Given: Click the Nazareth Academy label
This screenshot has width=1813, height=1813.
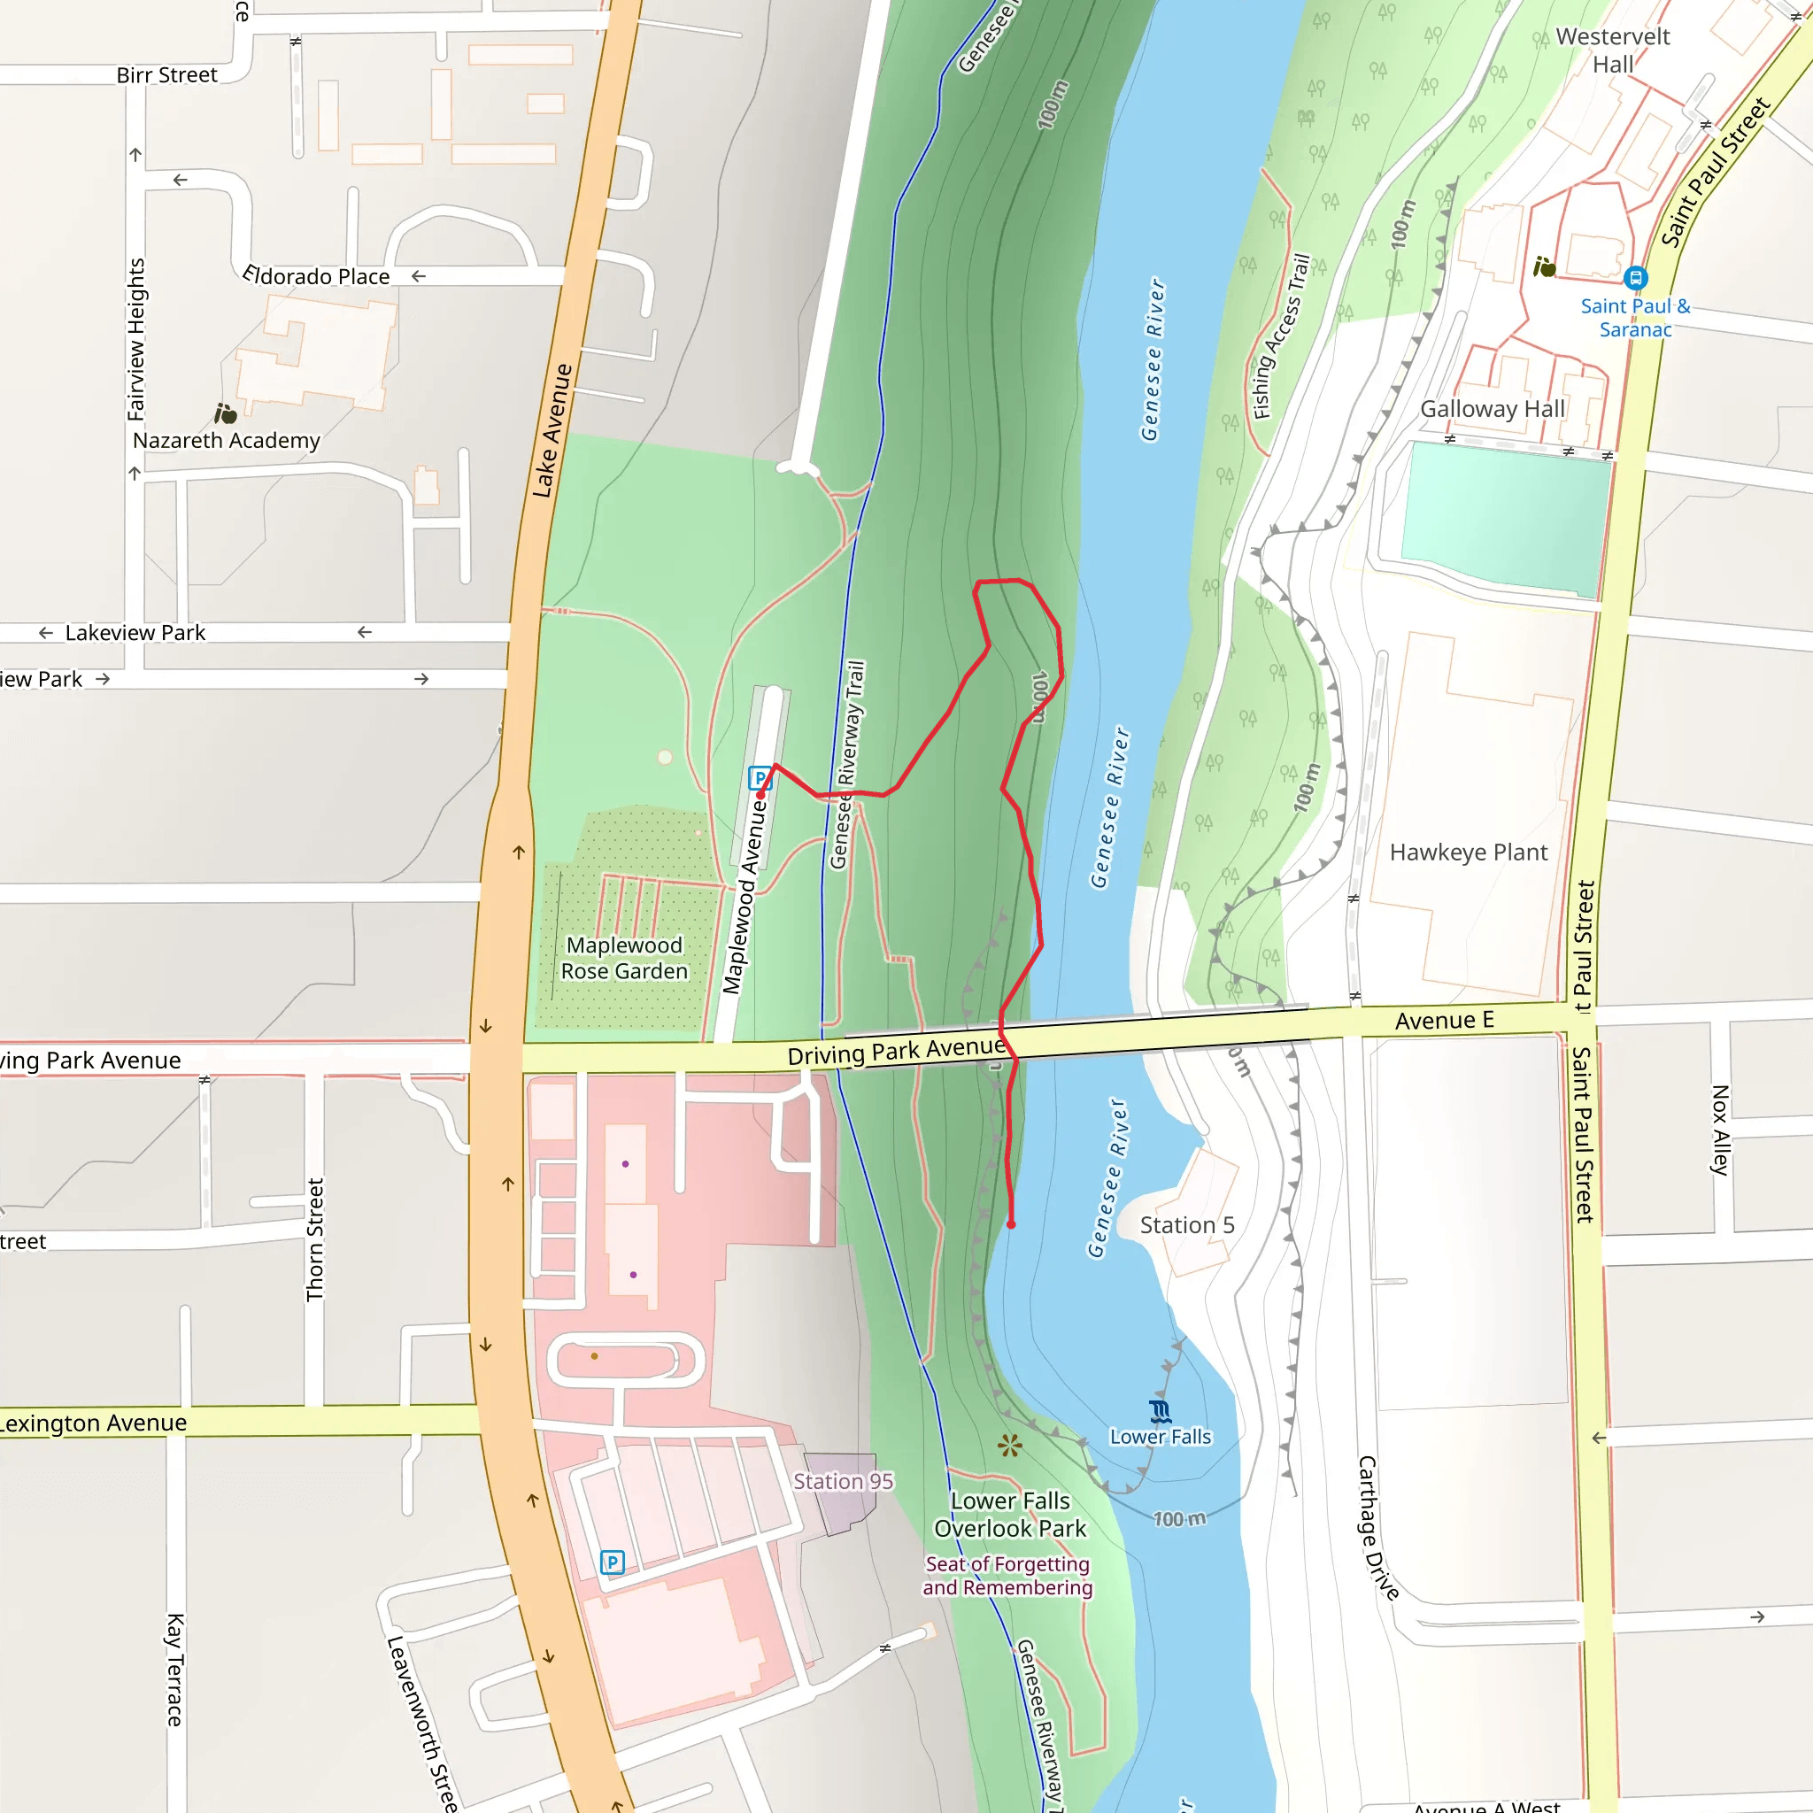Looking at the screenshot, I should click(226, 440).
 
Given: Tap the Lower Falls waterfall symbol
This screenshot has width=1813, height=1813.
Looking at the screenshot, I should click(1160, 1411).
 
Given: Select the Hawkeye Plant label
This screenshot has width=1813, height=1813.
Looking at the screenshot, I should click(1468, 852).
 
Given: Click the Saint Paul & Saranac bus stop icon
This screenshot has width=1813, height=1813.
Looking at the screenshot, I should click(1636, 278).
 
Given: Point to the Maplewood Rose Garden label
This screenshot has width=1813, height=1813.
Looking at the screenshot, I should click(624, 958).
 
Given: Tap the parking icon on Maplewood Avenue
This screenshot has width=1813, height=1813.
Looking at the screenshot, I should click(759, 777).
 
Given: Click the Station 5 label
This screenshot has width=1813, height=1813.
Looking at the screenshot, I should click(1186, 1224).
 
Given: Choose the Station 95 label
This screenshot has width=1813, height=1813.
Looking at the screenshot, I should click(843, 1481).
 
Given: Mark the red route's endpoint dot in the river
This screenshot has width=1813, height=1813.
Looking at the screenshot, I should click(1011, 1224).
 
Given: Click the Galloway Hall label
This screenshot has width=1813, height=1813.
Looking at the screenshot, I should click(1492, 409).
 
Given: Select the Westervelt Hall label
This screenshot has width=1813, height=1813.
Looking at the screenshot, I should click(1612, 50).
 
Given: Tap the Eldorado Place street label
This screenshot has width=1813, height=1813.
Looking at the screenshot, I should click(316, 276).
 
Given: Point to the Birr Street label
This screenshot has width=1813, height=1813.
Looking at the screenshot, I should click(167, 75).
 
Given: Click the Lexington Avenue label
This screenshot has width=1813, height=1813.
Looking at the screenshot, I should click(94, 1423).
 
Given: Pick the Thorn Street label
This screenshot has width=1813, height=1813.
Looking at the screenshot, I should click(315, 1239).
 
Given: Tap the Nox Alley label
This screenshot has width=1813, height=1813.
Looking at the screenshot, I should click(1719, 1130).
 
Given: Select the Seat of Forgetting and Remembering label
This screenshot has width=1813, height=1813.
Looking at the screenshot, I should click(1007, 1576).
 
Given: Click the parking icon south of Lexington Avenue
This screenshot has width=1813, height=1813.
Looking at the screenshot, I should click(612, 1562).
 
